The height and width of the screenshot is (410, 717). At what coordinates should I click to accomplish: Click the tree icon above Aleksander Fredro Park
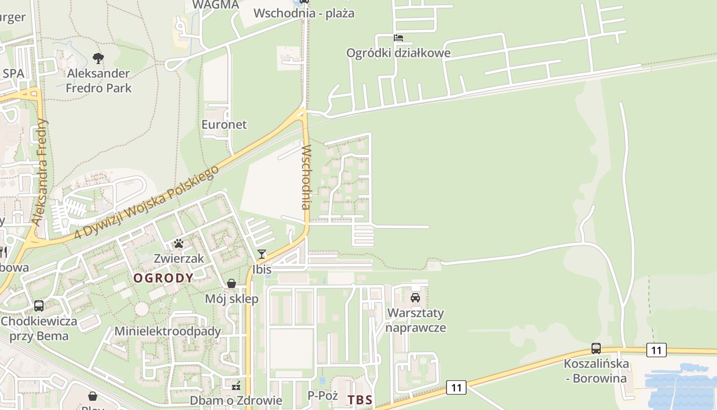(98, 58)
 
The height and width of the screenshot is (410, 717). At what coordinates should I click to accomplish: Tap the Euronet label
(224, 125)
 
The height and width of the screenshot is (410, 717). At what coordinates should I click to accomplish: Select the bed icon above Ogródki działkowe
(398, 38)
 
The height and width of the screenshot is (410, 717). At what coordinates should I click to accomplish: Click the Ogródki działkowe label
(398, 53)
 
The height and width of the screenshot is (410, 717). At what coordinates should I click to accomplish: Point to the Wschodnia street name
(306, 177)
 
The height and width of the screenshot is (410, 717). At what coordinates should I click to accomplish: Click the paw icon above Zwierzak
(179, 243)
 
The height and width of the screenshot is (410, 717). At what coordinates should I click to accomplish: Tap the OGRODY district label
(163, 278)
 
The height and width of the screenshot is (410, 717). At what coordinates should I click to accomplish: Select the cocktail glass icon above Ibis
(262, 254)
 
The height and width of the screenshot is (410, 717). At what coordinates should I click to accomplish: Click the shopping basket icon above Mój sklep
(231, 283)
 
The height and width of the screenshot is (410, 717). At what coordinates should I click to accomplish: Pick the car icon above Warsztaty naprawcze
(415, 298)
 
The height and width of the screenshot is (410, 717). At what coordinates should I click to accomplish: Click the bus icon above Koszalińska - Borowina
(596, 348)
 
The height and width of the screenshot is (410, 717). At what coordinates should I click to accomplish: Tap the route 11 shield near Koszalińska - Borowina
(656, 351)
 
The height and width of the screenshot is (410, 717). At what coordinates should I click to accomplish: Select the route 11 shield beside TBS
(456, 388)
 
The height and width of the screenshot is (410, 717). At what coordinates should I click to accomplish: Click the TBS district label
(360, 400)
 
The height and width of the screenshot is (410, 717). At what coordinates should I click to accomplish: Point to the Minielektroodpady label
(167, 331)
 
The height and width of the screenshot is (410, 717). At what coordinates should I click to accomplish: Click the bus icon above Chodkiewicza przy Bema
(39, 306)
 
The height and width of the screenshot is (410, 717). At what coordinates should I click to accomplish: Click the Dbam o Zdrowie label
(236, 400)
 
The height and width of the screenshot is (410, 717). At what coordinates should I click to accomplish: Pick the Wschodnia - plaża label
(304, 13)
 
